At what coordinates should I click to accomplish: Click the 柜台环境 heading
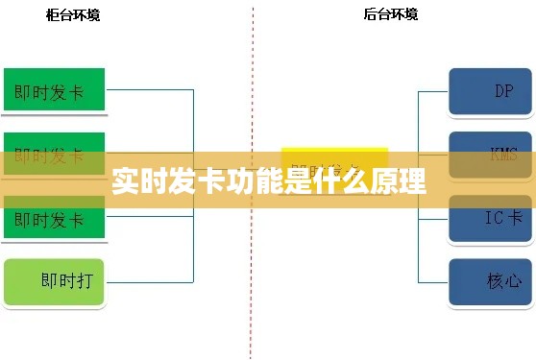73,14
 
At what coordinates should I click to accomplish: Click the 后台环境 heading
391,14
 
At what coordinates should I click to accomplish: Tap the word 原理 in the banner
400,181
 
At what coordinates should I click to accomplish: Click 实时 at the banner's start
134,181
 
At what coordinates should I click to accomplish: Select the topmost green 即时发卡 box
54,91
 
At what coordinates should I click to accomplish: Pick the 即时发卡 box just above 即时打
54,220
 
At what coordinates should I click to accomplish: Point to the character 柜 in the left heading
52,14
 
